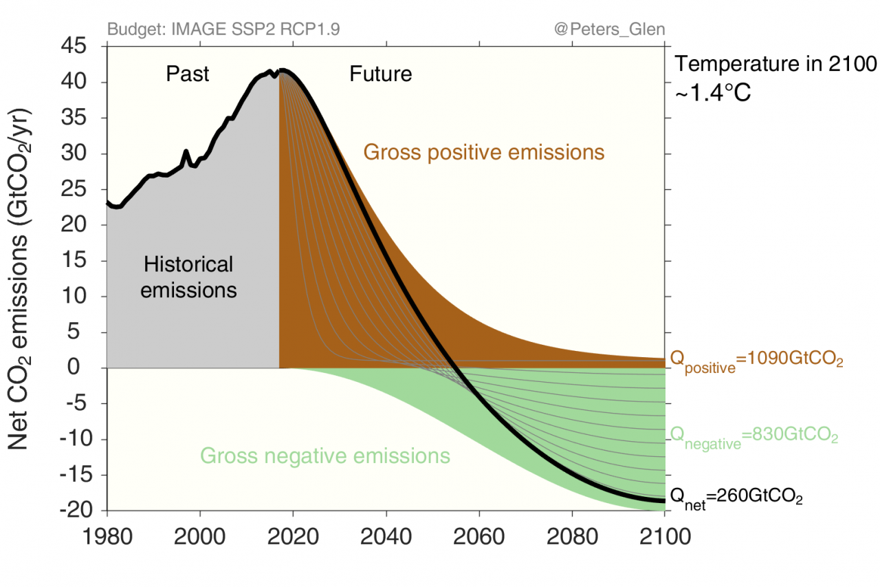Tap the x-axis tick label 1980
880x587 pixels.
pyautogui.click(x=107, y=535)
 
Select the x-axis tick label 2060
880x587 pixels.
pyautogui.click(x=479, y=535)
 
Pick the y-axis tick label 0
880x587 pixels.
pyautogui.click(x=87, y=367)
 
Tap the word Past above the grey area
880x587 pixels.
pyautogui.click(x=188, y=74)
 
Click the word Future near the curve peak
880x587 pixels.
pyautogui.click(x=381, y=74)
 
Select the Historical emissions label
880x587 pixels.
pyautogui.click(x=188, y=277)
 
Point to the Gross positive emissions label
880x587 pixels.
pyautogui.click(x=484, y=152)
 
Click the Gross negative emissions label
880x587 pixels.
pyautogui.click(x=325, y=456)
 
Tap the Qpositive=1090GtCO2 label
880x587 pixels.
pyautogui.click(x=756, y=361)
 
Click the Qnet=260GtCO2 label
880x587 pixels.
pyautogui.click(x=736, y=496)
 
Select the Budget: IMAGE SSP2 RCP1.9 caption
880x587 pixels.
pyautogui.click(x=223, y=30)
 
